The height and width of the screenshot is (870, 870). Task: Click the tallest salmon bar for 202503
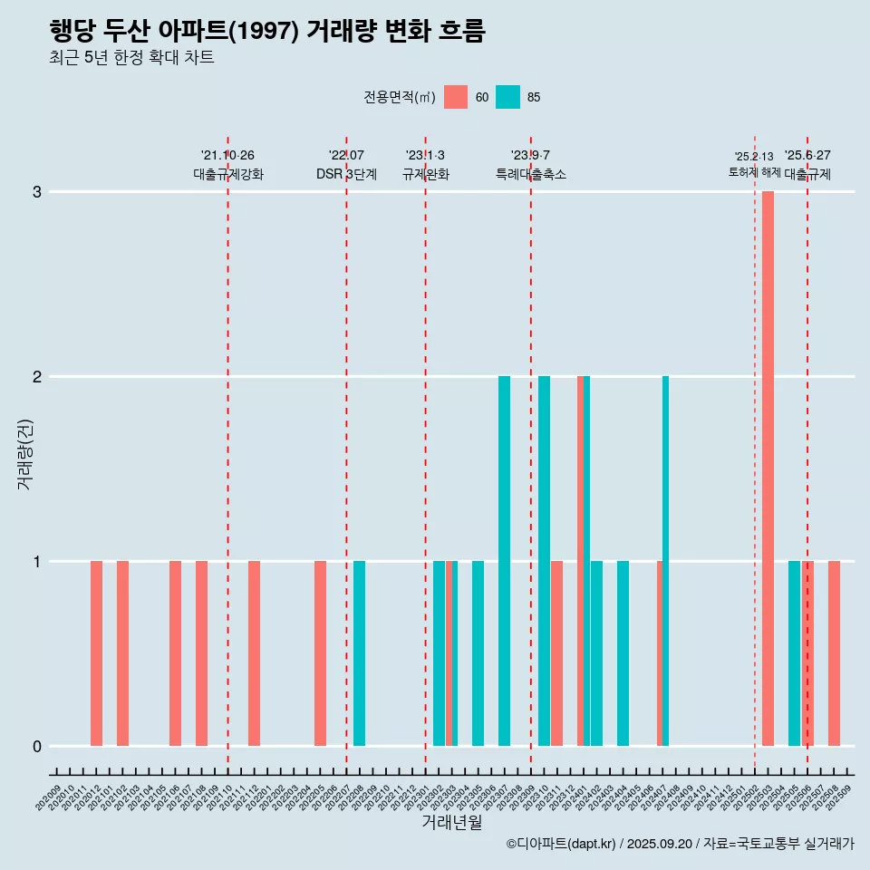click(768, 469)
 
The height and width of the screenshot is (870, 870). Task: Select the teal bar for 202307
click(504, 561)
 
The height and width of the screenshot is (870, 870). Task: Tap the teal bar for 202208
click(360, 653)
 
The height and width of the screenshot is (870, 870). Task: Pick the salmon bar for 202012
click(96, 653)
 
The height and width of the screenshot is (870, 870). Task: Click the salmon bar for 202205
click(320, 653)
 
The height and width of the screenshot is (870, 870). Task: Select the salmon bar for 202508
click(834, 653)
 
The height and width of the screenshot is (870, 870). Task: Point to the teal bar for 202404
click(623, 653)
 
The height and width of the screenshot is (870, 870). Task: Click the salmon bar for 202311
click(556, 653)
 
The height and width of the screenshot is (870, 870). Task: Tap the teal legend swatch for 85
click(508, 97)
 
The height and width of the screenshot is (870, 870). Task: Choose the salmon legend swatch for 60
click(456, 97)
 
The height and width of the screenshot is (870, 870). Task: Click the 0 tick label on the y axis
click(37, 747)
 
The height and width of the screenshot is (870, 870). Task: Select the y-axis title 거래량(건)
click(25, 452)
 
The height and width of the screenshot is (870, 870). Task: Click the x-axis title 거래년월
click(451, 822)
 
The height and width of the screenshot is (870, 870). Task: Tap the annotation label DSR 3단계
click(346, 174)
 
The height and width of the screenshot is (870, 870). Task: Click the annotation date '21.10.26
click(227, 156)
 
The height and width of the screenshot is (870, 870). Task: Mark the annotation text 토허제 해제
click(754, 172)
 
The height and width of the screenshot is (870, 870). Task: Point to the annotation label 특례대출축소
click(531, 174)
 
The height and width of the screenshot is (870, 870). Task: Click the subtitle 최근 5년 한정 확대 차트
click(132, 58)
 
